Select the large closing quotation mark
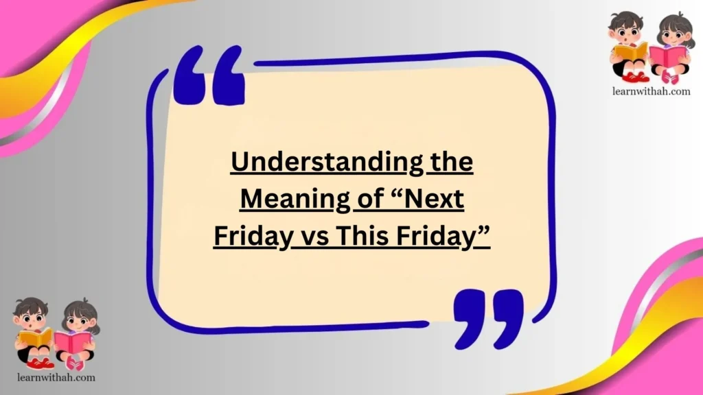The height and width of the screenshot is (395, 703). pos(489,317)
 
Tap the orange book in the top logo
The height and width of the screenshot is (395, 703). pos(631,51)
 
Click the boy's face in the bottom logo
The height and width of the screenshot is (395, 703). pos(32,318)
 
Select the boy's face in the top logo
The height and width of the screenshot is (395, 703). pos(626,32)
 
